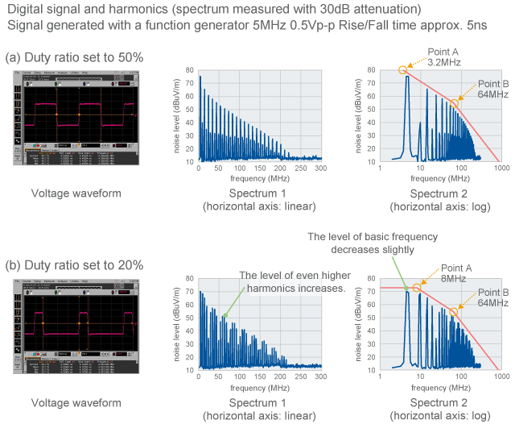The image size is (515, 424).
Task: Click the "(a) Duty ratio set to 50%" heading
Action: (x=74, y=57)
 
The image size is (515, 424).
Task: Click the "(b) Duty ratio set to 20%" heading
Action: (x=74, y=265)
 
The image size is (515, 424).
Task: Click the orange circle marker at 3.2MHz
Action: (x=403, y=70)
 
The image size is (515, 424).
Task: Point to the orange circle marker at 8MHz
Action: (x=417, y=288)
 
